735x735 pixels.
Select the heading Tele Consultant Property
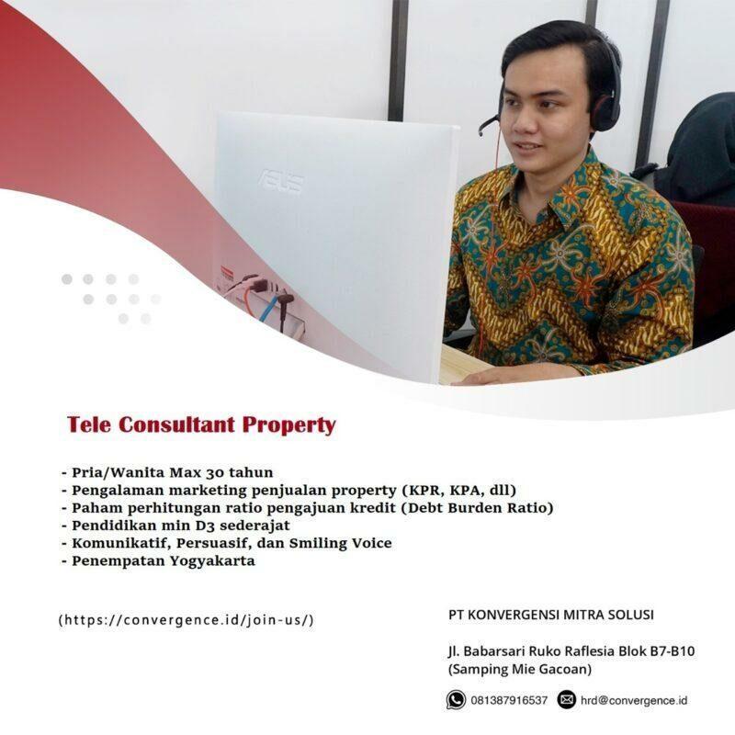[x=201, y=425]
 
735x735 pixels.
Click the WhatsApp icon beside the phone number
[x=455, y=700]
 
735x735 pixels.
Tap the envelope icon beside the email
[x=566, y=700]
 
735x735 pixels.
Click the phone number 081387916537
[x=508, y=701]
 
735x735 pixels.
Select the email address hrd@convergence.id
[x=634, y=701]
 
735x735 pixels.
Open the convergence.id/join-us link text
[x=187, y=619]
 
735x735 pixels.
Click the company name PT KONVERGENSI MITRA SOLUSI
[x=551, y=615]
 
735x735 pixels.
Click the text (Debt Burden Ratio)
[x=466, y=507]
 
